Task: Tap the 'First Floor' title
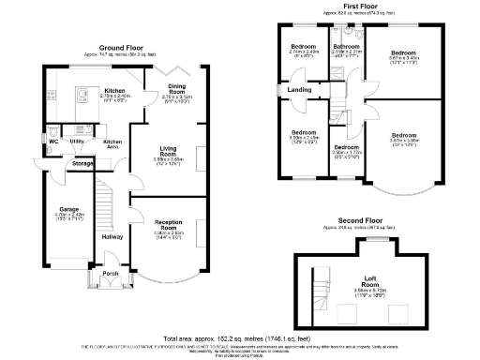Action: pyautogui.click(x=347, y=7)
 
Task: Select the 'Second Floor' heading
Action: pyautogui.click(x=347, y=220)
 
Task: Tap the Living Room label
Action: pyautogui.click(x=169, y=148)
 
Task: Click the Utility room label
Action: pyautogui.click(x=76, y=142)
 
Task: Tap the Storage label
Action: pyautogui.click(x=82, y=163)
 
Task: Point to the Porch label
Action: pyautogui.click(x=111, y=274)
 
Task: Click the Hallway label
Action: pyautogui.click(x=113, y=237)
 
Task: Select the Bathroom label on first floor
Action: pyautogui.click(x=348, y=46)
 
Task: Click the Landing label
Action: pyautogui.click(x=300, y=90)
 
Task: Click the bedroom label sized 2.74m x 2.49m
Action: pyautogui.click(x=303, y=46)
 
